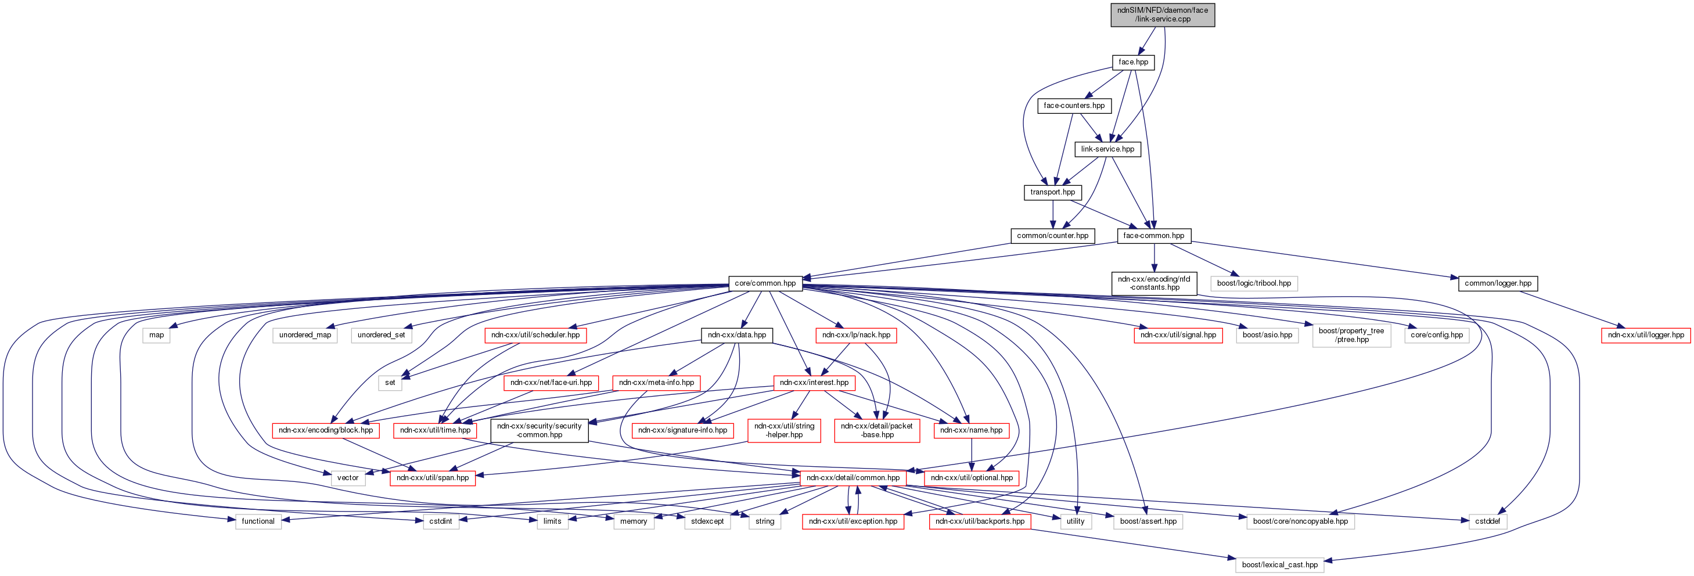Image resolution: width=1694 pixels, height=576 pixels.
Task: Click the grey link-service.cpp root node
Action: (1162, 15)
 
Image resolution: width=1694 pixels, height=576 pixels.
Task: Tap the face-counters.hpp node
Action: (1074, 106)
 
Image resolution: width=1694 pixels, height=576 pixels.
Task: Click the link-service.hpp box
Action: (1107, 149)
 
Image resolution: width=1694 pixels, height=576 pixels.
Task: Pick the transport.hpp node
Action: (1052, 193)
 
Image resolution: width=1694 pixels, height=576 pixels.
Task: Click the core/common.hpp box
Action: (765, 283)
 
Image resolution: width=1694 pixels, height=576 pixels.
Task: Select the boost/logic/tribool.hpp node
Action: (1253, 283)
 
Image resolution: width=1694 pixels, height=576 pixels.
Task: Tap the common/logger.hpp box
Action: (1497, 283)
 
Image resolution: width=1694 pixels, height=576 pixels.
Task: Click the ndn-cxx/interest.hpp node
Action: (814, 383)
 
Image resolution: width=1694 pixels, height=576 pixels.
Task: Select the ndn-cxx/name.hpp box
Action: (970, 431)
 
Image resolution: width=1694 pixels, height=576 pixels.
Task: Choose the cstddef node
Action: (1487, 521)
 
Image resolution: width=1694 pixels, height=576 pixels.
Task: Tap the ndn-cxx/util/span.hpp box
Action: (433, 478)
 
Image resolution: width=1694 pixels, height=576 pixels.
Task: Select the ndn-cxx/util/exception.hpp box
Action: (853, 521)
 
